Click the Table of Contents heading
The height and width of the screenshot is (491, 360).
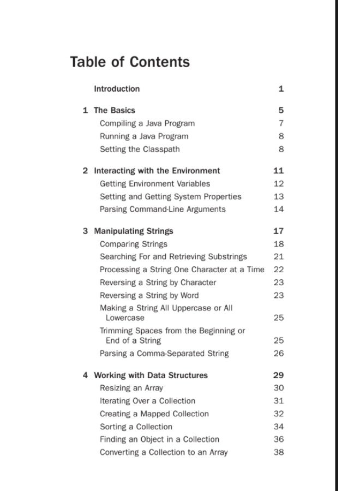[x=130, y=62]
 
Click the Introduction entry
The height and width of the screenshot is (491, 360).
[x=117, y=89]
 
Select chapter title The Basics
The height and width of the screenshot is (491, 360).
[x=115, y=110]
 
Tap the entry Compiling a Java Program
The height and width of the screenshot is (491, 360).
[x=147, y=123]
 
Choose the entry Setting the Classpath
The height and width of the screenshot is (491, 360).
[x=139, y=149]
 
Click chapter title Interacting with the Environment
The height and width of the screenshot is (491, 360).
[x=157, y=171]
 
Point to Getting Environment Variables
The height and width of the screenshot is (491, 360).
[x=154, y=184]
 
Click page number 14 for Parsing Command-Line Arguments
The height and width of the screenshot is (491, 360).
[x=279, y=209]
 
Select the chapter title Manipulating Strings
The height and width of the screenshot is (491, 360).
[x=134, y=231]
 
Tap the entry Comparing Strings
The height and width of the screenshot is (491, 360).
[x=133, y=244]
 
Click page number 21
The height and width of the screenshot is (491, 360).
[x=279, y=256]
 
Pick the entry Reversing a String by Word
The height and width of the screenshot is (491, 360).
[x=149, y=296]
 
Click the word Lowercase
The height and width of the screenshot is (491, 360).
[x=125, y=318]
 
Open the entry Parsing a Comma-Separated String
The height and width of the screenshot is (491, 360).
[x=164, y=354]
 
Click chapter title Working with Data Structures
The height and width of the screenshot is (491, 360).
[x=151, y=375]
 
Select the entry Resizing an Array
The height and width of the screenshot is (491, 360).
[x=131, y=388]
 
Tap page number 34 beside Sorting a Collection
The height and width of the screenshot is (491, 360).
[x=279, y=427]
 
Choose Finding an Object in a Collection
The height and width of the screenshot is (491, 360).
[x=159, y=439]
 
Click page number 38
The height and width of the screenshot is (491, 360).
[x=279, y=452]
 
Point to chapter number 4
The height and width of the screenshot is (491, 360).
[x=85, y=375]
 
